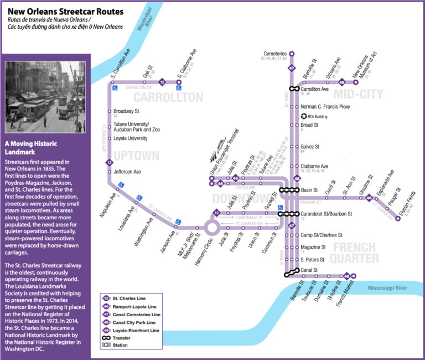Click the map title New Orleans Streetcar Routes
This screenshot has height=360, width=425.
click(x=65, y=11)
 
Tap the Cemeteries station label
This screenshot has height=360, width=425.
click(x=275, y=53)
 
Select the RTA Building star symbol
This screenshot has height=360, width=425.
click(x=304, y=116)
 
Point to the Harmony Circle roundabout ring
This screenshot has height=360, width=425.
click(x=211, y=227)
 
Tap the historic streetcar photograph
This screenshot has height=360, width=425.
click(x=44, y=97)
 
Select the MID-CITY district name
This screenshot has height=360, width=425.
click(x=358, y=95)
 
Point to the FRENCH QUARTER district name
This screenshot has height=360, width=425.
click(x=355, y=252)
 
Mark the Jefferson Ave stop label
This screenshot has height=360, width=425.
click(x=128, y=172)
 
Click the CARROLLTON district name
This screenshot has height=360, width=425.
click(x=168, y=97)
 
